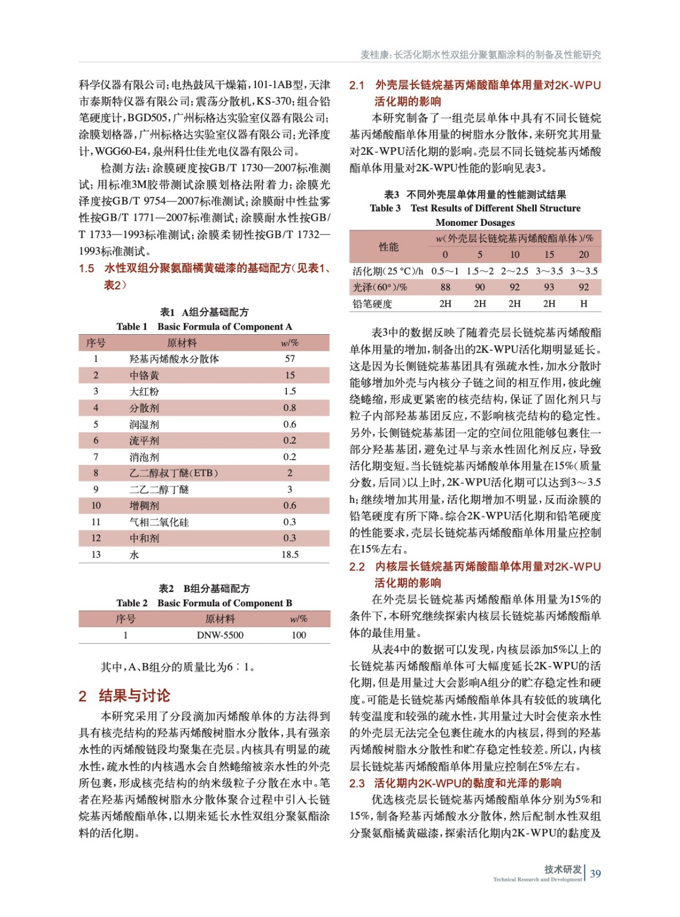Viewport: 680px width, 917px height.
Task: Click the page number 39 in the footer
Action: (595, 873)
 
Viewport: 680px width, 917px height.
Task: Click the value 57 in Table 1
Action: (290, 359)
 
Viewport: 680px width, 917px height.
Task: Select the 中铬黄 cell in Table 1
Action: (144, 375)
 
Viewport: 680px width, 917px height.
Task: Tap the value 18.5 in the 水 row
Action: (290, 555)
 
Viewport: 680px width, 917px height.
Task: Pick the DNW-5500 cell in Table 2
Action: (220, 635)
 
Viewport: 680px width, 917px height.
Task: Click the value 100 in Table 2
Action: (298, 635)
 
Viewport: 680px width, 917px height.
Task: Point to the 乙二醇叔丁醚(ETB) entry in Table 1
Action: (174, 473)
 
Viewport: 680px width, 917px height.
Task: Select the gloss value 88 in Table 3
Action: (445, 287)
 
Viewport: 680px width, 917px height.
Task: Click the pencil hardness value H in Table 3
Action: (583, 304)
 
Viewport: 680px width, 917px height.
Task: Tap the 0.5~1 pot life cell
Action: (445, 271)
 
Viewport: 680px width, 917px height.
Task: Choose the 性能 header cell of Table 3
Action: (388, 246)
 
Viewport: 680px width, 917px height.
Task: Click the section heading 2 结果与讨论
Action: (125, 696)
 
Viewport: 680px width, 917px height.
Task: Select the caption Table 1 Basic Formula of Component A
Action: (204, 327)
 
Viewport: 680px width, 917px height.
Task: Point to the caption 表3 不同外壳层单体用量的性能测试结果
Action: (475, 194)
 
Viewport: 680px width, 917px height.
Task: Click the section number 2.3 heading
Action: (357, 783)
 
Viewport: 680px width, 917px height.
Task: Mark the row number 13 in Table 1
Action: (96, 555)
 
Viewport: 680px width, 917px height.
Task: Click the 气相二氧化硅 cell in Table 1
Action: (159, 522)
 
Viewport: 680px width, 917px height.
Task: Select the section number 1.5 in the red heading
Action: (87, 268)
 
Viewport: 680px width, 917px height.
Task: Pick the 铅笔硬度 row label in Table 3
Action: (372, 304)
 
